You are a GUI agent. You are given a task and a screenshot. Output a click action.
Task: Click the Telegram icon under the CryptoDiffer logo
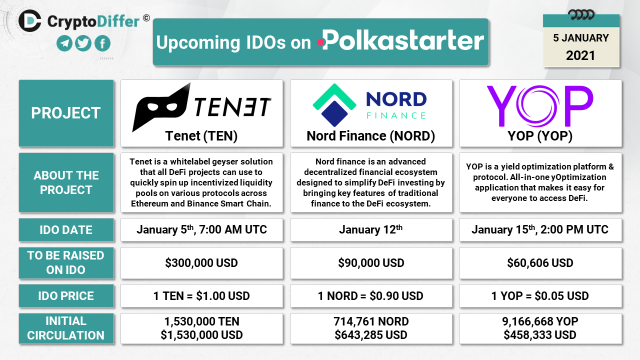pyautogui.click(x=64, y=43)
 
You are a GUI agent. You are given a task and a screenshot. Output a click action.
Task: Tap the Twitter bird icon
pyautogui.click(x=83, y=43)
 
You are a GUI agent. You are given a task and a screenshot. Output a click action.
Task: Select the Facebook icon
pyautogui.click(x=102, y=43)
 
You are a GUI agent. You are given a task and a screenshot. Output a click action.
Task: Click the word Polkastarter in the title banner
pyautogui.click(x=403, y=40)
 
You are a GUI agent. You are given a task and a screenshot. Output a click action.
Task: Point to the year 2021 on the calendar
pyautogui.click(x=580, y=55)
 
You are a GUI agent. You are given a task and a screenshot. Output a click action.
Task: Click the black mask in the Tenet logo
pyautogui.click(x=161, y=107)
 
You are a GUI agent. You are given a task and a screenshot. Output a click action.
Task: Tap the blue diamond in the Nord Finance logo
pyautogui.click(x=334, y=113)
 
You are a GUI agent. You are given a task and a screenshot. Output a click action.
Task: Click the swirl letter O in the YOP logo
pyautogui.click(x=537, y=106)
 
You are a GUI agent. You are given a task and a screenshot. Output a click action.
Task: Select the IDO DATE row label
pyautogui.click(x=66, y=230)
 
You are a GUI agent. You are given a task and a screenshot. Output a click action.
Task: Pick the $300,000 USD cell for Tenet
pyautogui.click(x=201, y=263)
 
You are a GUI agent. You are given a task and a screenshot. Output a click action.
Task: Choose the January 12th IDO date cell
pyautogui.click(x=371, y=230)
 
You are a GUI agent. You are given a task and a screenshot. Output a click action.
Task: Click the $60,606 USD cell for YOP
pyautogui.click(x=540, y=263)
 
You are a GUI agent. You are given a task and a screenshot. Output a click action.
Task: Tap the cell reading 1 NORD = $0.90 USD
pyautogui.click(x=371, y=296)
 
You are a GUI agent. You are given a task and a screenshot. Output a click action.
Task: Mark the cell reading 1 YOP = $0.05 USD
pyautogui.click(x=540, y=296)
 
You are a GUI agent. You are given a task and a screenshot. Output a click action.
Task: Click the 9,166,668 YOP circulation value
pyautogui.click(x=540, y=321)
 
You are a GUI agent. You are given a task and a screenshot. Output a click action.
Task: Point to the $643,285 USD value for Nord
pyautogui.click(x=371, y=335)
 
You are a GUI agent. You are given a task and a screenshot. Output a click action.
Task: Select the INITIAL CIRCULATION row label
pyautogui.click(x=66, y=328)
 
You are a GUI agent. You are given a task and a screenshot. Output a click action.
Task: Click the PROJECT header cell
pyautogui.click(x=66, y=113)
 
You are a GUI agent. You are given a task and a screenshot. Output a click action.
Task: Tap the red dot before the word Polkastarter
pyautogui.click(x=320, y=42)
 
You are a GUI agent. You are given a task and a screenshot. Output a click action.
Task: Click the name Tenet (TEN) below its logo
pyautogui.click(x=201, y=135)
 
